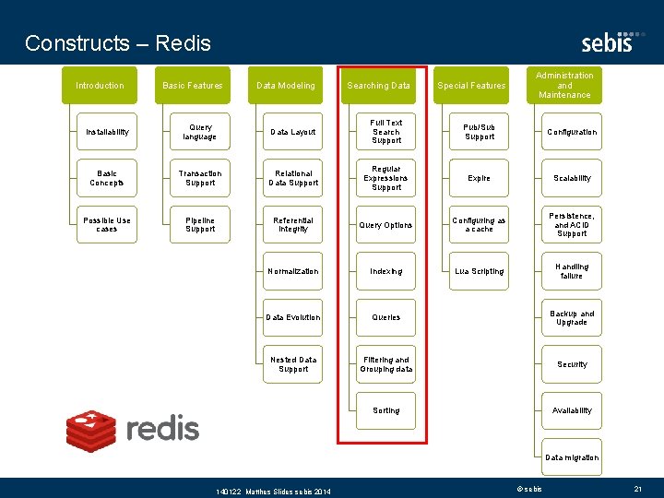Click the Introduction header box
pyautogui.click(x=100, y=86)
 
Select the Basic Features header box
pyautogui.click(x=193, y=86)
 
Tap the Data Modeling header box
pyautogui.click(x=286, y=86)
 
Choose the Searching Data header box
pyautogui.click(x=378, y=86)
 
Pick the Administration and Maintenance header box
pyautogui.click(x=564, y=85)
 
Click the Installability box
pyautogui.click(x=107, y=132)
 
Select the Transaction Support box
pyautogui.click(x=200, y=178)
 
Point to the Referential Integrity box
pyautogui.click(x=293, y=225)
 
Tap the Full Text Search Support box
pyautogui.click(x=386, y=132)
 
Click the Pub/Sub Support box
pyautogui.click(x=480, y=132)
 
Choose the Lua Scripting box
pyautogui.click(x=480, y=271)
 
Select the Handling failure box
pyautogui.click(x=572, y=271)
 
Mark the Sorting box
pyautogui.click(x=386, y=410)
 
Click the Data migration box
pyautogui.click(x=572, y=457)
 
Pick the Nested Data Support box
pyautogui.click(x=293, y=364)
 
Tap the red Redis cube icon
pyautogui.click(x=91, y=429)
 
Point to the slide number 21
pyautogui.click(x=638, y=488)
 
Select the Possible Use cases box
pyautogui.click(x=107, y=225)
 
